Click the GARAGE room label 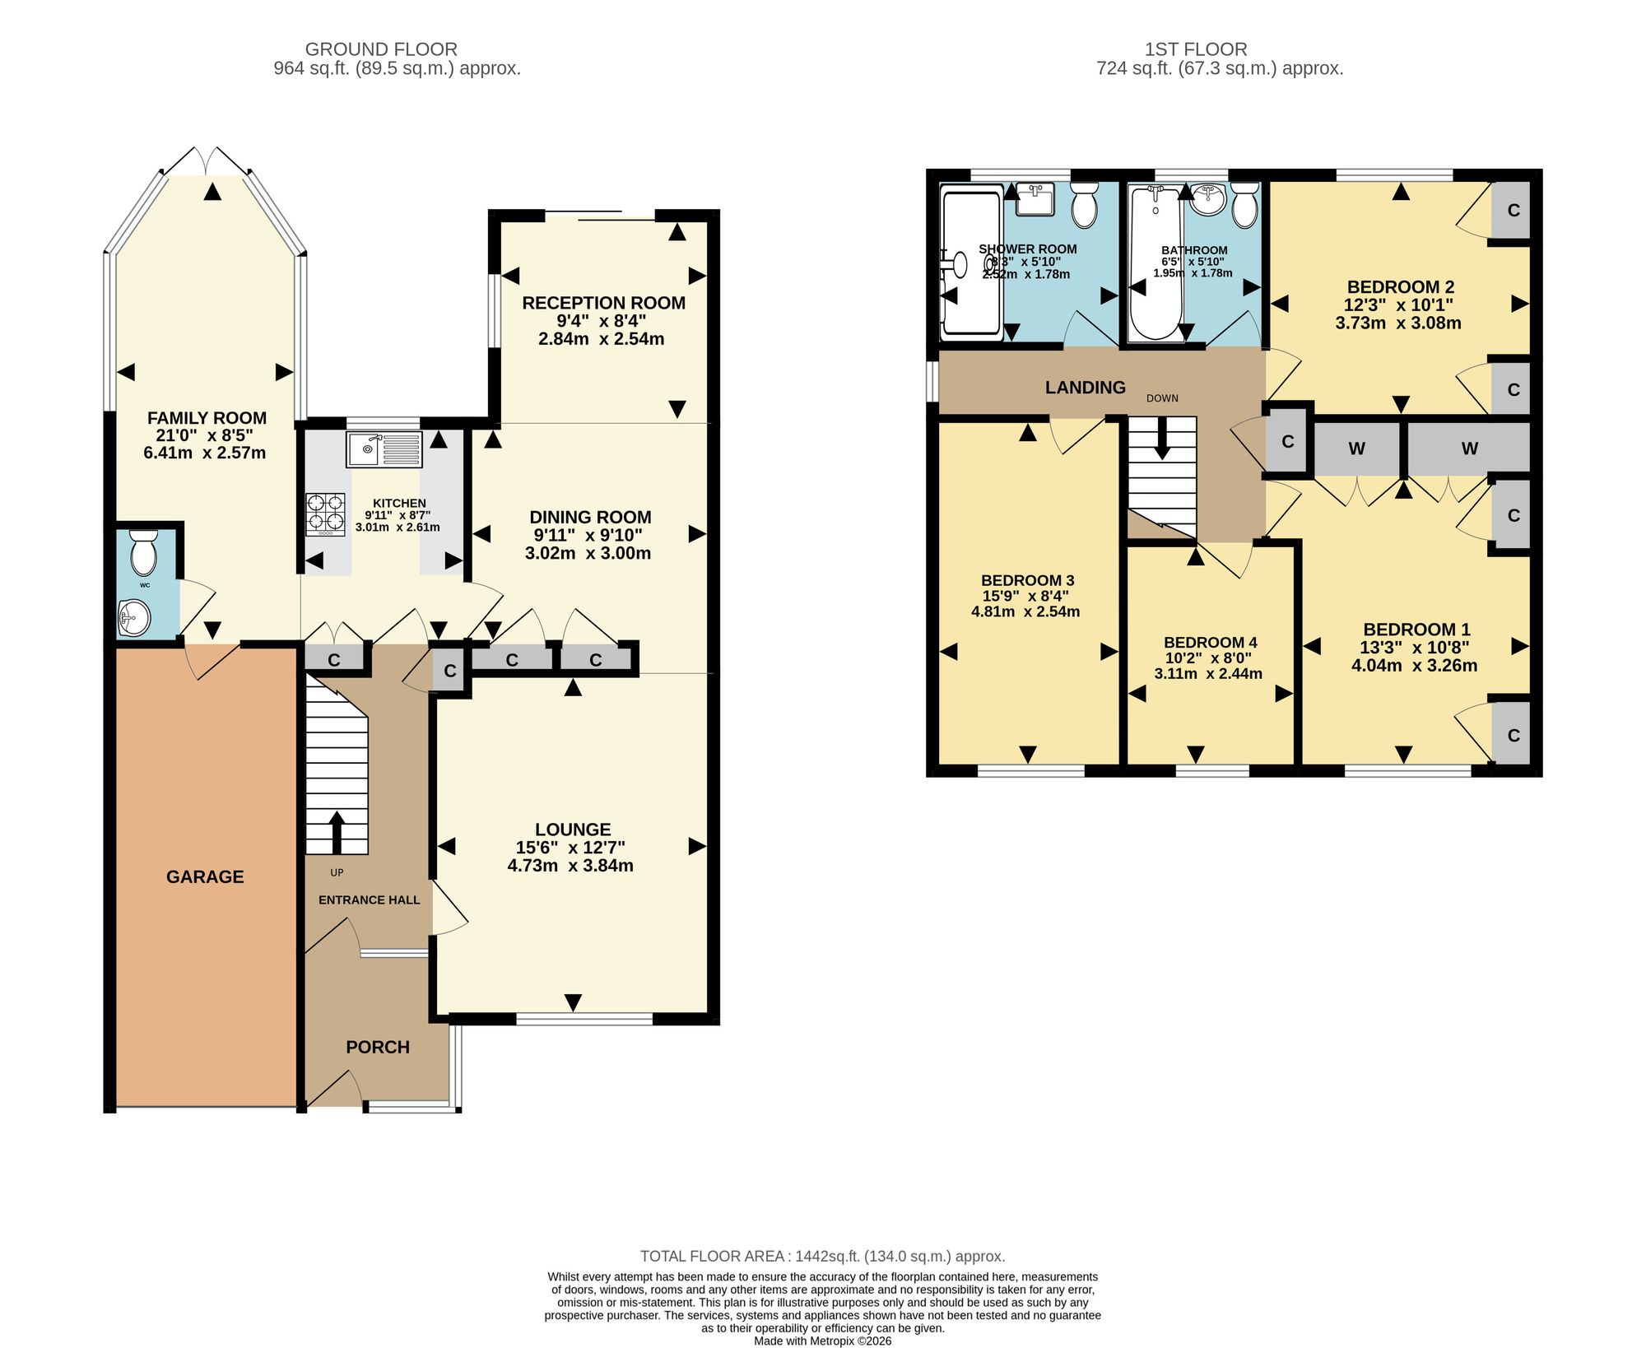point(205,877)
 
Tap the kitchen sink point(384,449)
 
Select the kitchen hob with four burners point(326,514)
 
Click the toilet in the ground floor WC point(143,551)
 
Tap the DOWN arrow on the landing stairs point(1162,438)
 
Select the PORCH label point(378,1048)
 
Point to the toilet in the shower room point(1085,203)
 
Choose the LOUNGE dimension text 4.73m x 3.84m point(570,866)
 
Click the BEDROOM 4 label point(1210,643)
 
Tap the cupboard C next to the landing point(1288,442)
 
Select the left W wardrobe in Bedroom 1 point(1357,449)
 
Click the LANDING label point(1086,388)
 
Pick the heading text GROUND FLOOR point(381,49)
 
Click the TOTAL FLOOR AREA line point(823,1257)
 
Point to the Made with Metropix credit point(823,1341)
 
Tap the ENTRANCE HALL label point(370,900)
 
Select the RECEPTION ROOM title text point(604,303)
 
